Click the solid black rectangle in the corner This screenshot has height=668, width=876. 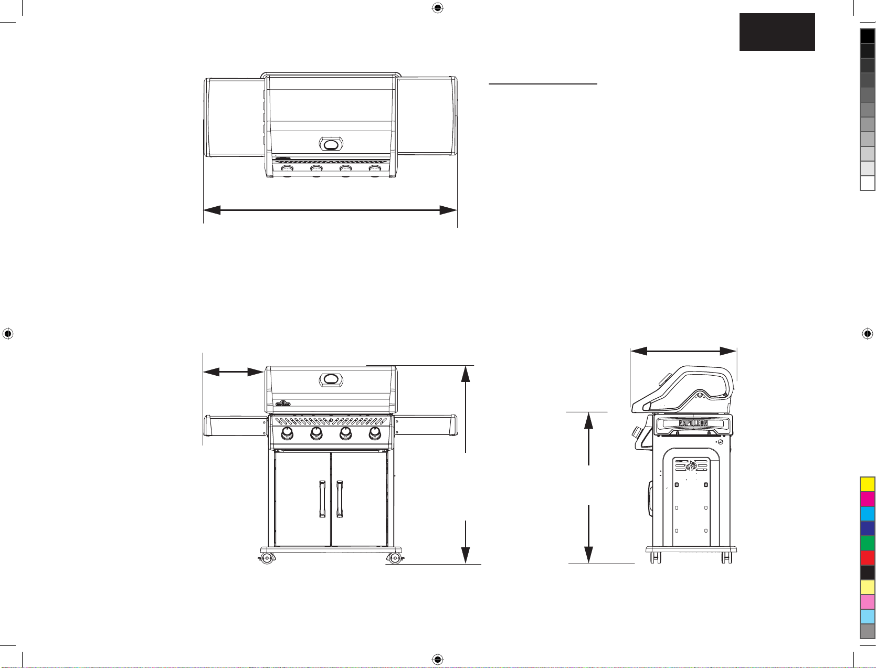[777, 32]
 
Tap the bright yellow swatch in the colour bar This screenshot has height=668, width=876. [867, 484]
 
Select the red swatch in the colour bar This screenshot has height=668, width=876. [867, 558]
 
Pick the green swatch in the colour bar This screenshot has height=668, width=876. [867, 543]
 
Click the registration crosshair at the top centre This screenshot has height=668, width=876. [438, 8]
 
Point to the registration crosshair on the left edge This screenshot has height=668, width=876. [8, 333]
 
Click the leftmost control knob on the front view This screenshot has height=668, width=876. [287, 433]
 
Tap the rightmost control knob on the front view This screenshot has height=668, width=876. [375, 433]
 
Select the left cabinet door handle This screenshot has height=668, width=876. [322, 499]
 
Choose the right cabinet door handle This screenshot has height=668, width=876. [339, 499]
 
